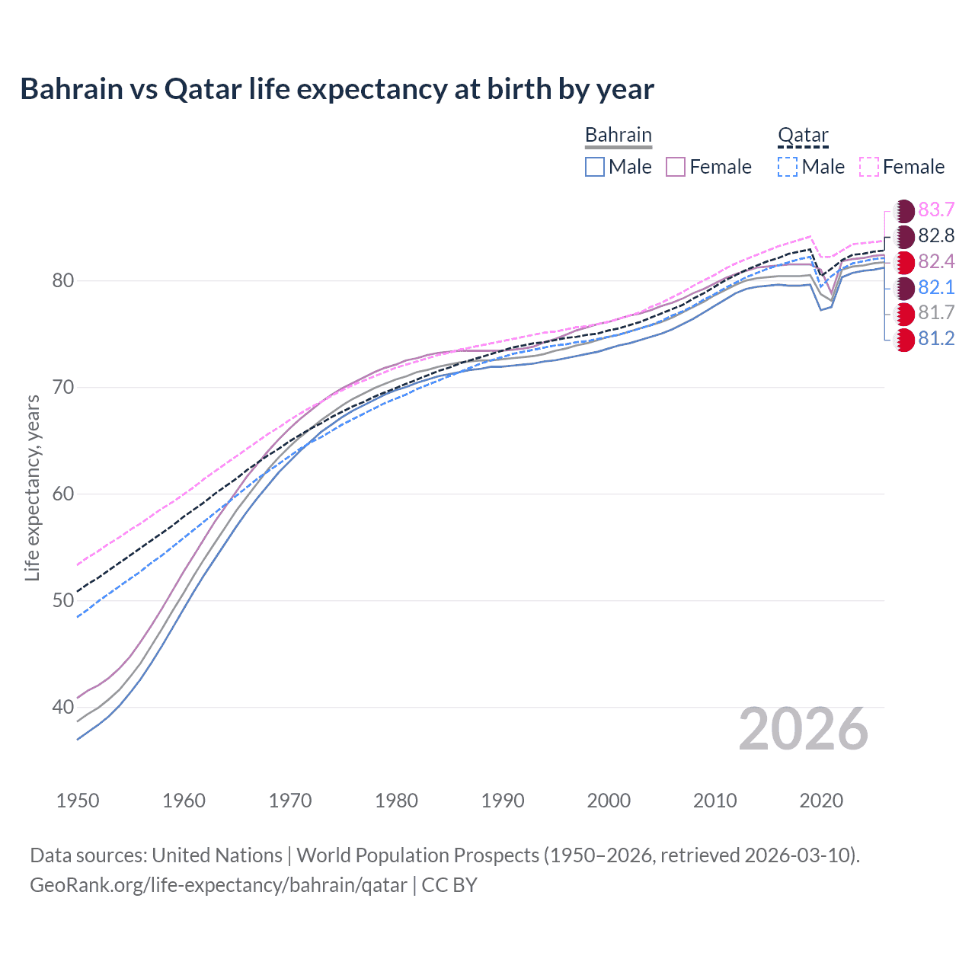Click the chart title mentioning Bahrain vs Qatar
tap(337, 89)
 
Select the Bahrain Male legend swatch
tap(595, 167)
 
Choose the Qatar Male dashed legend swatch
tap(788, 167)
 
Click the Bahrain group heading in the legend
tap(618, 135)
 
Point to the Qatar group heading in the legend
tap(802, 135)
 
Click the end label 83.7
tap(936, 210)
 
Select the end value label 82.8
tap(936, 236)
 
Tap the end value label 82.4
tap(936, 262)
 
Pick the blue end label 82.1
tap(936, 288)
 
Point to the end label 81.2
tap(936, 339)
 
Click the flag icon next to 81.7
tap(904, 313)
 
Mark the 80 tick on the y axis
tap(62, 281)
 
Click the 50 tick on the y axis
tap(62, 601)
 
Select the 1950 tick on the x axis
tap(78, 801)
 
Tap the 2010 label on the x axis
tap(714, 801)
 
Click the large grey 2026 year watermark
tap(803, 730)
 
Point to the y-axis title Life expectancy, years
tap(32, 487)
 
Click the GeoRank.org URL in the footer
tap(218, 885)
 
